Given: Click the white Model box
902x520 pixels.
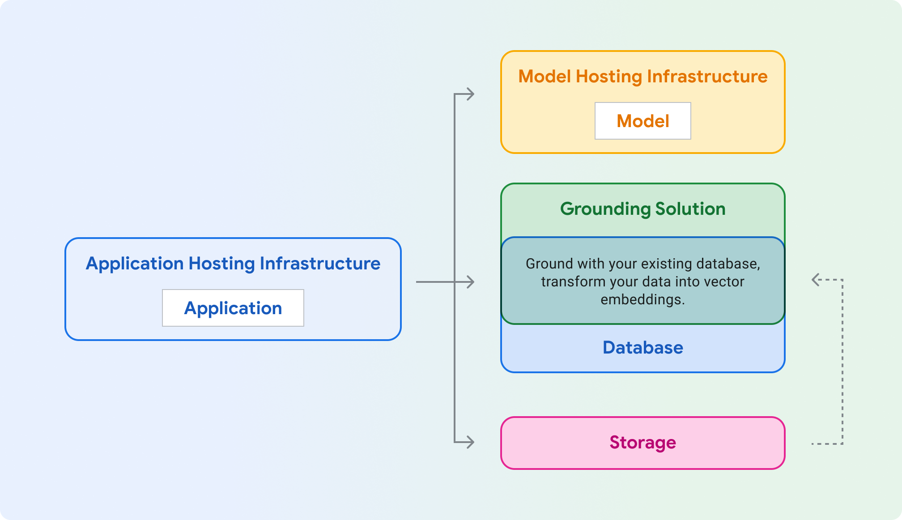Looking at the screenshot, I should pyautogui.click(x=642, y=121).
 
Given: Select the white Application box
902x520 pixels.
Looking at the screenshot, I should pyautogui.click(x=233, y=308).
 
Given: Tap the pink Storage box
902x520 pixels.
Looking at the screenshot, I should pyautogui.click(x=642, y=443).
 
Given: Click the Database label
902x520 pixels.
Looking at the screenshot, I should pyautogui.click(x=642, y=348).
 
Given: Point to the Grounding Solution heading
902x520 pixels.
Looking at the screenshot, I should pyautogui.click(x=642, y=209).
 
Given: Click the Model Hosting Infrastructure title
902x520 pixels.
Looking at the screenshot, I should pyautogui.click(x=642, y=77).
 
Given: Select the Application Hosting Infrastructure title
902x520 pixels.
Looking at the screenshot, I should pyautogui.click(x=233, y=264).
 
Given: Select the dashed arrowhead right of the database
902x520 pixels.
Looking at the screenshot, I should pyautogui.click(x=816, y=280).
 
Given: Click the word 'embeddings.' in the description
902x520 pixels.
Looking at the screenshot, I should pyautogui.click(x=642, y=299).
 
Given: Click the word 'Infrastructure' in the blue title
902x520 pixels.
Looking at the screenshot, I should pyautogui.click(x=320, y=264).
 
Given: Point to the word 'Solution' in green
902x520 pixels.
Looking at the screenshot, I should pyautogui.click(x=690, y=209).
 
